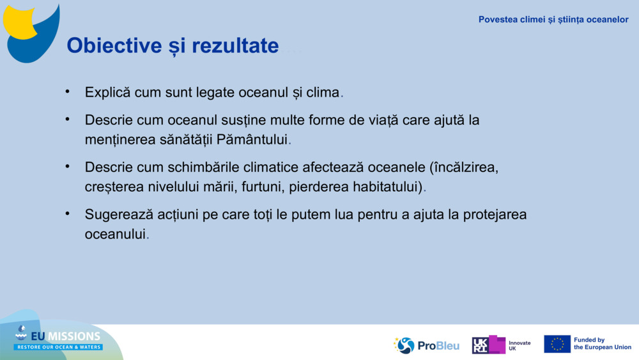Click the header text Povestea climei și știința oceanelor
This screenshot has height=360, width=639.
click(x=553, y=20)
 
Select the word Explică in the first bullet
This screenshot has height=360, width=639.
click(x=107, y=92)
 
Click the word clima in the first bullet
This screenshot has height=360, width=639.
click(x=323, y=92)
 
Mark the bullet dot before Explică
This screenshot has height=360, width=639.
click(x=67, y=91)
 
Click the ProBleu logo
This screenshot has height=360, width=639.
click(x=426, y=345)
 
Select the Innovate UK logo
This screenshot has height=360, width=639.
click(x=501, y=345)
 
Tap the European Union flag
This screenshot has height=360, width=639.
click(x=557, y=344)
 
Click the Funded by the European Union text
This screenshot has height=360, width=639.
click(x=602, y=344)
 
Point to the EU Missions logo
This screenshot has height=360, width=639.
click(x=58, y=339)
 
